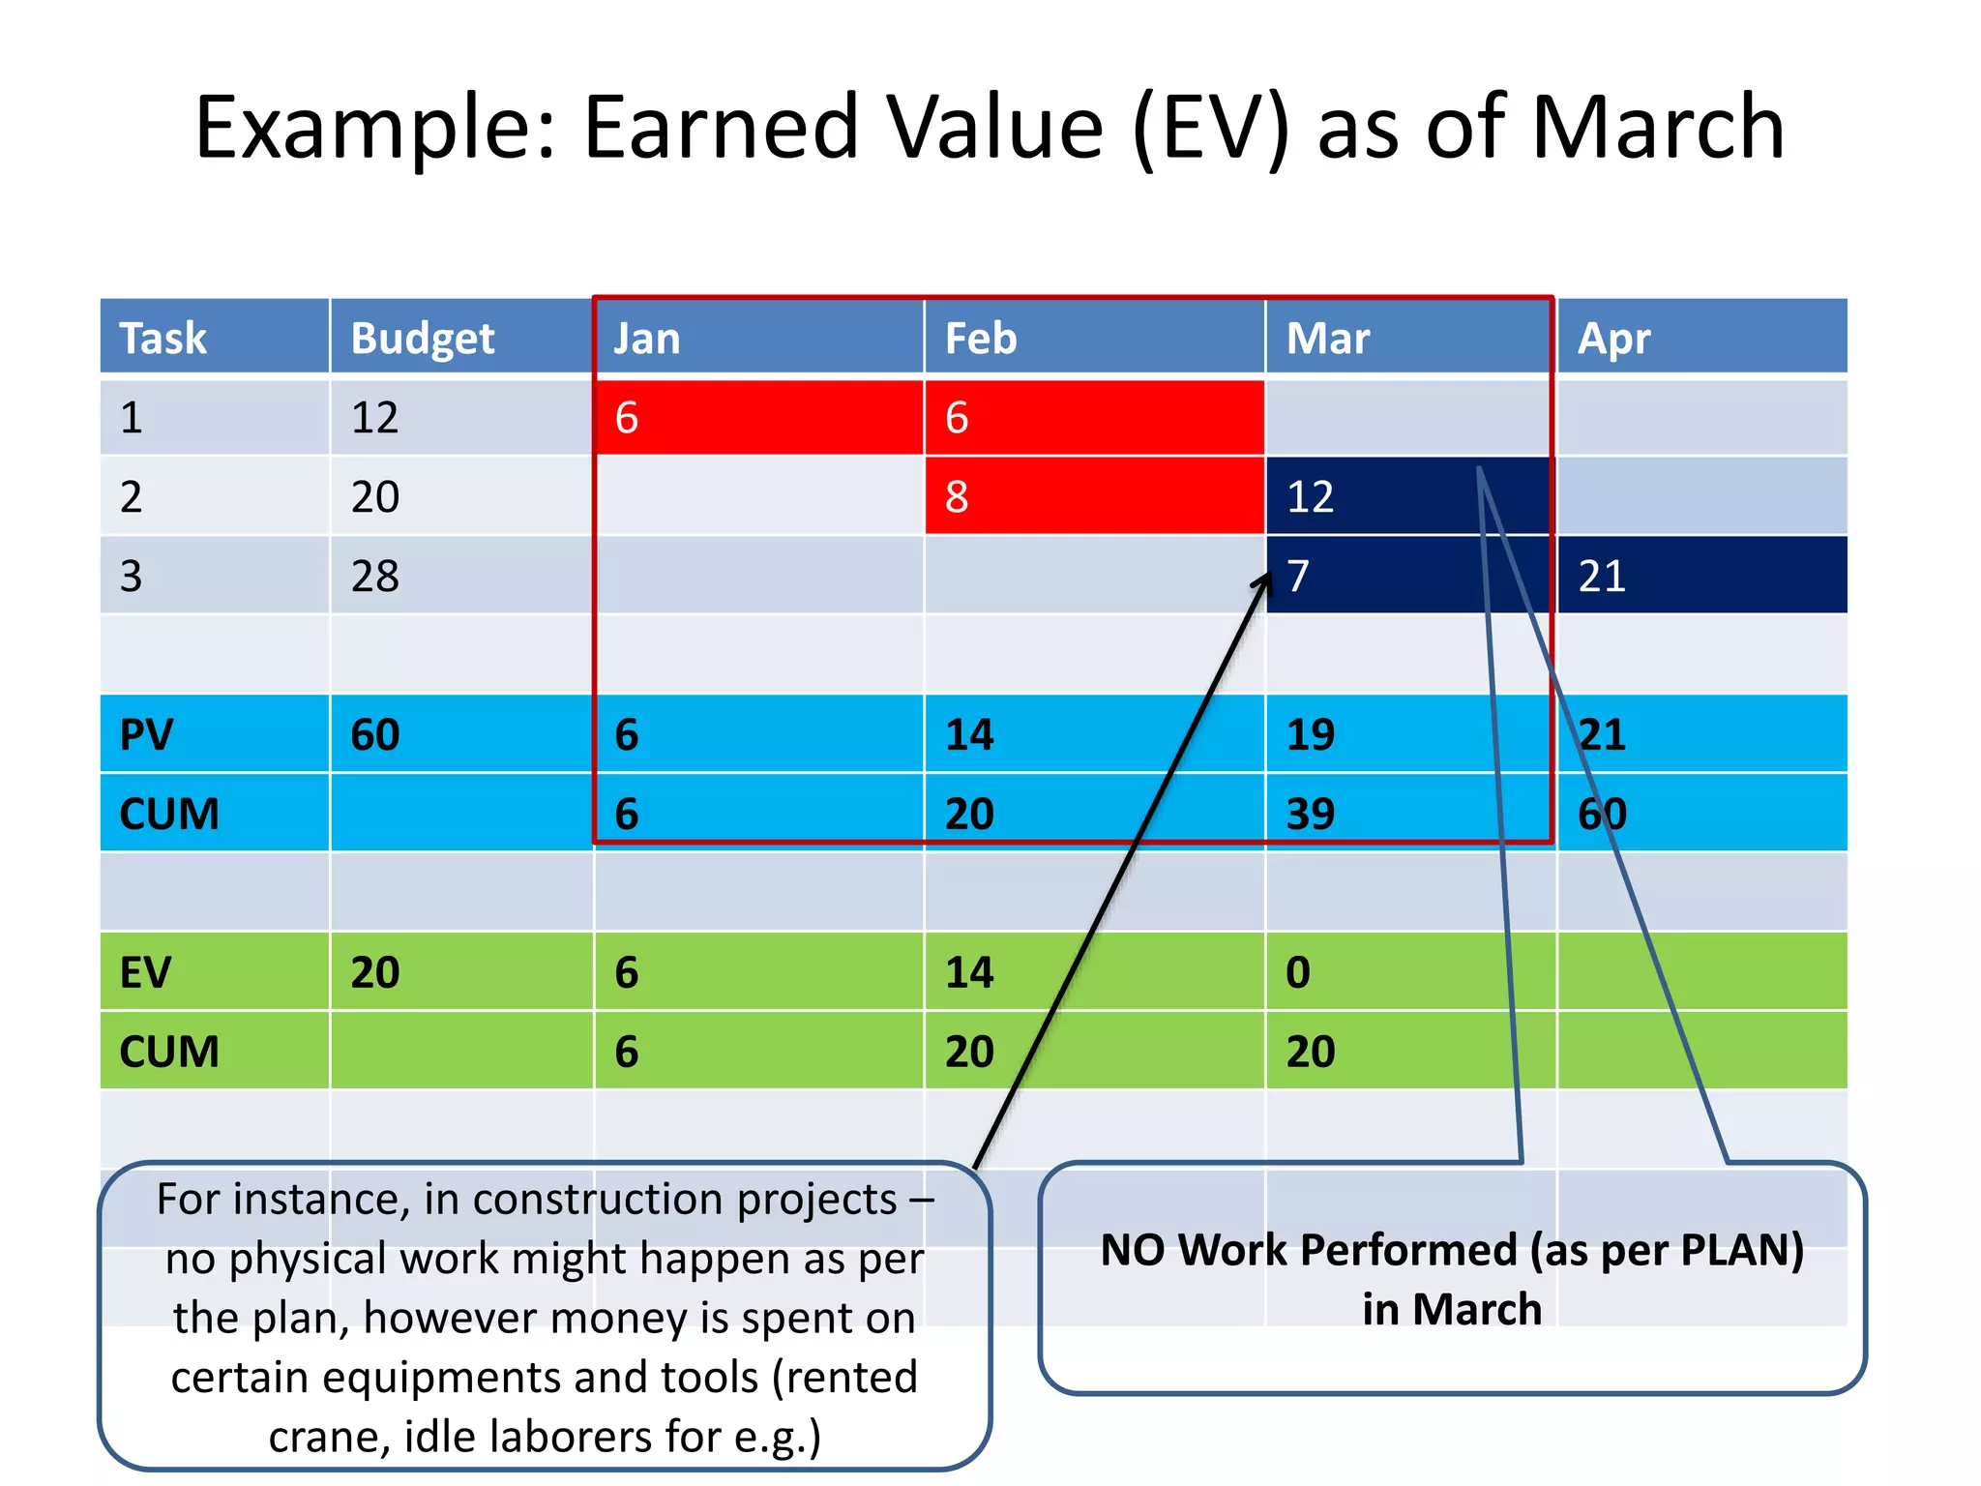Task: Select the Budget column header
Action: [423, 339]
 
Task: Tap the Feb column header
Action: [981, 339]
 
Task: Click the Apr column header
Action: [1613, 339]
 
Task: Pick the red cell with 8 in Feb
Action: [1093, 496]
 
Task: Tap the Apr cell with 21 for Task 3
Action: [1700, 577]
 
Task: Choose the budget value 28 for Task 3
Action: [375, 577]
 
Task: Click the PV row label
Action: [146, 734]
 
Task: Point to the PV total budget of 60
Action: [375, 734]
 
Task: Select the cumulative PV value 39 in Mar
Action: [1311, 814]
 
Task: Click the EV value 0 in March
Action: [1298, 972]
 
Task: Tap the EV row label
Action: [145, 972]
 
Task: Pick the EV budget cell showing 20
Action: [375, 972]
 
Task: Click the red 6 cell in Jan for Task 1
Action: [757, 418]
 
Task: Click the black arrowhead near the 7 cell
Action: [1263, 581]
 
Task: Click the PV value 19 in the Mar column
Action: [1311, 734]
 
